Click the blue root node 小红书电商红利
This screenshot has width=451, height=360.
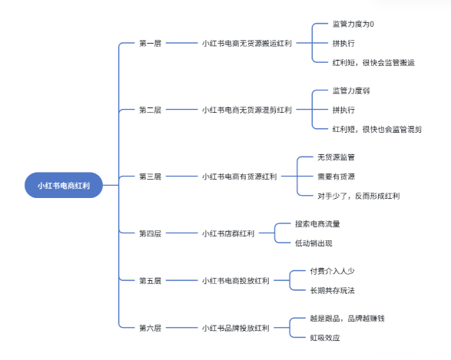click(x=63, y=185)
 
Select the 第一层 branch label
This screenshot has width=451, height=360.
click(x=150, y=44)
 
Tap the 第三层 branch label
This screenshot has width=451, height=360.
click(x=150, y=177)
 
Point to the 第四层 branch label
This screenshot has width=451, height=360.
click(x=150, y=233)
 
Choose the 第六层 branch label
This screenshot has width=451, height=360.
click(x=150, y=329)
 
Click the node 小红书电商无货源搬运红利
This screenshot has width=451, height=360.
click(x=247, y=44)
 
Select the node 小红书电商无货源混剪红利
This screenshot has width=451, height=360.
click(x=247, y=111)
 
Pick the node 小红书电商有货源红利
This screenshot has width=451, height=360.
click(x=239, y=177)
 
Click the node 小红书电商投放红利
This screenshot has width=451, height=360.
click(x=235, y=281)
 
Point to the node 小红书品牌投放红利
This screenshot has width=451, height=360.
click(x=235, y=329)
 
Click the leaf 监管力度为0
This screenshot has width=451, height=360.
click(x=353, y=25)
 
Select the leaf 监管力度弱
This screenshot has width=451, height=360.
click(x=351, y=91)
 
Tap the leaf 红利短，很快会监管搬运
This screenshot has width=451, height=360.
click(x=373, y=63)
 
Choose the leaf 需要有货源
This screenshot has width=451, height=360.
click(x=336, y=177)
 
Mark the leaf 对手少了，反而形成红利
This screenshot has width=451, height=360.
click(x=358, y=196)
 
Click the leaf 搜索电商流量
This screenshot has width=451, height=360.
click(x=317, y=224)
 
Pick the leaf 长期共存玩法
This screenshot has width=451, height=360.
click(x=332, y=290)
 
